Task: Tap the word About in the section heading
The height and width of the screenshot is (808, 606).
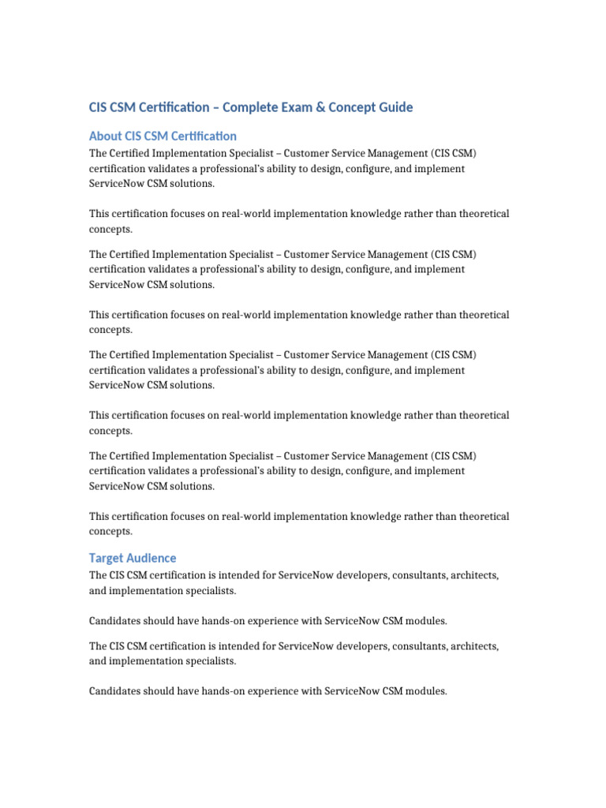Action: tap(105, 136)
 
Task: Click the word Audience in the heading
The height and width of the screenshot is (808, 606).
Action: tap(151, 558)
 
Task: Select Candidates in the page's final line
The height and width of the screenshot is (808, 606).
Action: tap(116, 691)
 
